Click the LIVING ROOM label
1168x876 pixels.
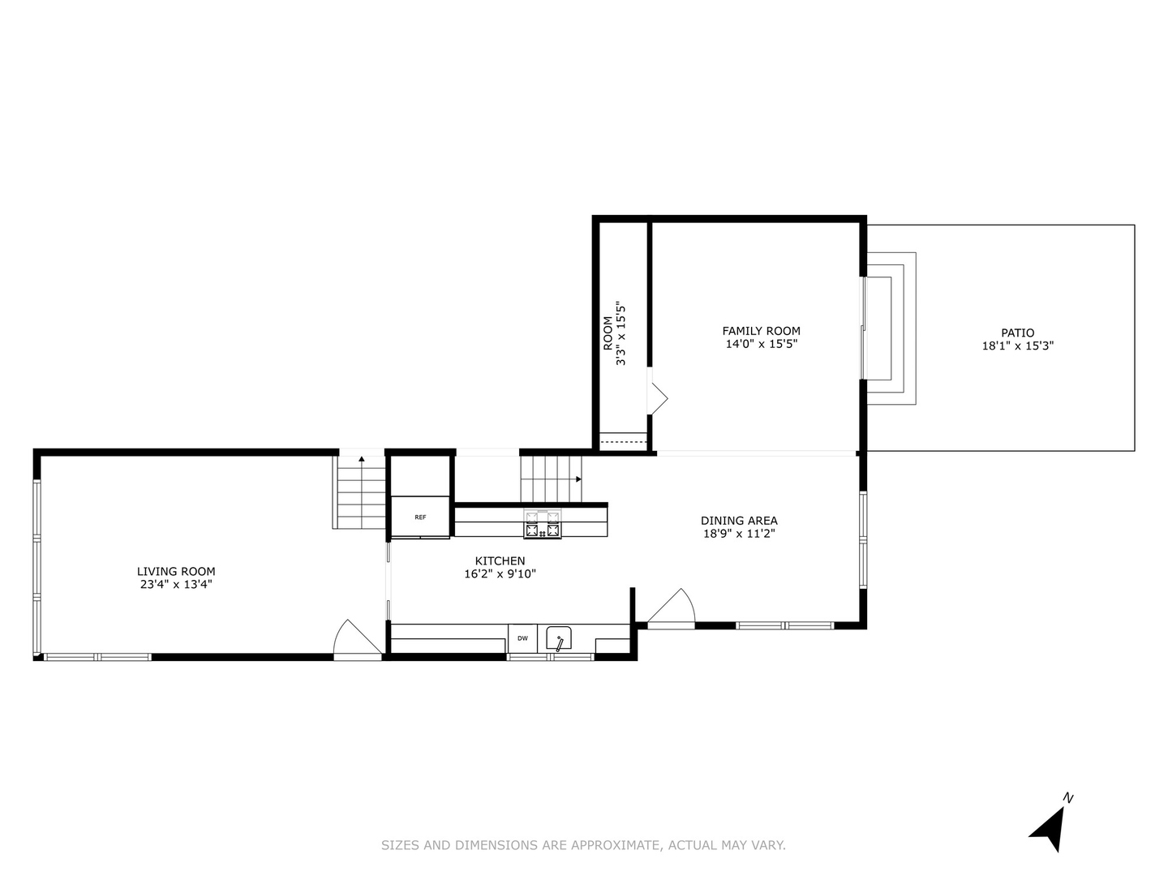176,571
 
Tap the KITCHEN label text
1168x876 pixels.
500,560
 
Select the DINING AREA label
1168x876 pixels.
739,521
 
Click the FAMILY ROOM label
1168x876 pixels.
761,331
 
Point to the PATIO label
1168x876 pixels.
1017,333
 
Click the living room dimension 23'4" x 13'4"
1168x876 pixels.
176,584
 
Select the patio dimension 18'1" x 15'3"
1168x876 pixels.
1017,346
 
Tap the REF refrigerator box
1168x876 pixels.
420,517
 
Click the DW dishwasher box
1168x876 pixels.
522,638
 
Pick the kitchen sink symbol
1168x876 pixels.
559,638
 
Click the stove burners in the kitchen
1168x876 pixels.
543,524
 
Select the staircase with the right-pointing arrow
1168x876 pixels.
551,479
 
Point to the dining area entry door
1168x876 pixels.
672,608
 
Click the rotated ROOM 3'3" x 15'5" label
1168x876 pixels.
614,333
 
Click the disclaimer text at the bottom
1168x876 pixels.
583,845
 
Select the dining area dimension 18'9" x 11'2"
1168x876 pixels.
739,534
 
